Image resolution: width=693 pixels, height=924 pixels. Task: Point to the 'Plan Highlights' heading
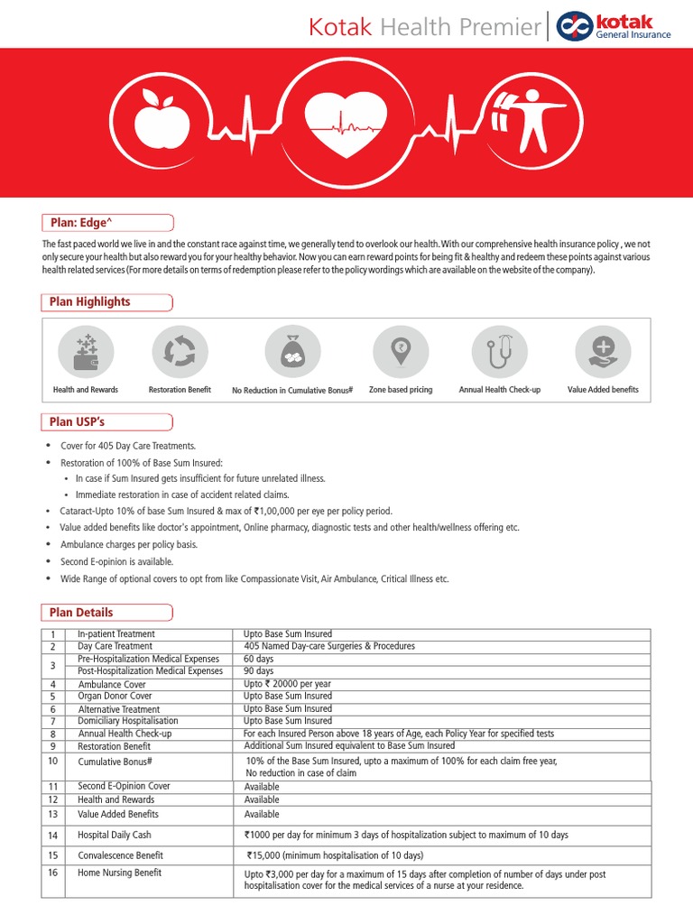(x=89, y=301)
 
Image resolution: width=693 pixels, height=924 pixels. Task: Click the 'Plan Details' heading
(x=81, y=613)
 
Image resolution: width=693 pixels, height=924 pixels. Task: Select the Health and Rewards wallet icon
(x=86, y=352)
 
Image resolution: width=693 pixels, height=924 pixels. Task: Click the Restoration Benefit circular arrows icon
(x=180, y=352)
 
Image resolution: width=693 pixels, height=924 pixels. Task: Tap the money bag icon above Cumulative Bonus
(x=292, y=352)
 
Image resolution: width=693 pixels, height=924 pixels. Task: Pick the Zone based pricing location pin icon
(x=401, y=352)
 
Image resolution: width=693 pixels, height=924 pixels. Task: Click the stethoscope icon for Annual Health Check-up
(x=499, y=352)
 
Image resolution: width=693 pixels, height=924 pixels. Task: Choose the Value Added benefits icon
(x=603, y=352)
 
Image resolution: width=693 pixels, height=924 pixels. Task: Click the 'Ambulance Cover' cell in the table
(x=112, y=684)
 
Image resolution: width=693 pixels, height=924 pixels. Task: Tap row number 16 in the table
(x=53, y=873)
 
